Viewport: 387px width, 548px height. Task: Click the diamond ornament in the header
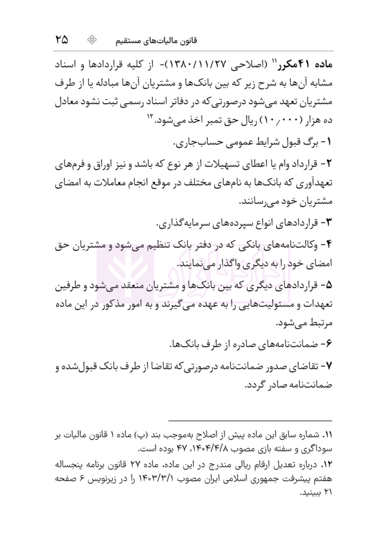(93, 39)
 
